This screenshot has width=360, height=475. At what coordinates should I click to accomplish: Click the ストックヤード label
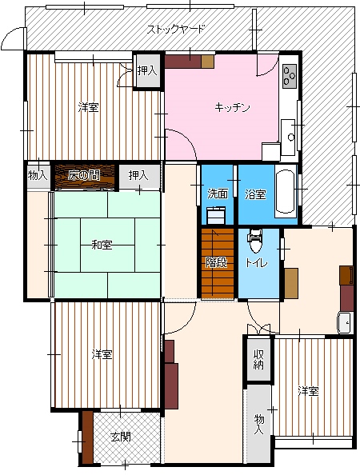[x=176, y=30]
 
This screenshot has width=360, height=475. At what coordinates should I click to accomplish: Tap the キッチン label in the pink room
[x=232, y=107]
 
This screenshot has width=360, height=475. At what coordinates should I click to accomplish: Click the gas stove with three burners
[x=290, y=76]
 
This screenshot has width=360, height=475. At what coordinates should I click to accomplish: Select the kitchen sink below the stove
[x=288, y=138]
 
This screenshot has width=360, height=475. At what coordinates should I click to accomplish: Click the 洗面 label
[x=218, y=194]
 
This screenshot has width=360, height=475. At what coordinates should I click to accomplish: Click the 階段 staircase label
[x=216, y=262]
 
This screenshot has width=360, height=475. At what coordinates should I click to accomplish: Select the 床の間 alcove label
[x=84, y=175]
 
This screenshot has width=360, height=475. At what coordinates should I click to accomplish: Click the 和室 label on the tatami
[x=102, y=244]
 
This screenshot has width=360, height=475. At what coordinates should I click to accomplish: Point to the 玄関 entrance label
[x=121, y=437]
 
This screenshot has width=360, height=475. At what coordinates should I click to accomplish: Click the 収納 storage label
[x=258, y=359]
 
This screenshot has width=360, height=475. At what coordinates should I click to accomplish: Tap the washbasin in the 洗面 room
[x=216, y=215]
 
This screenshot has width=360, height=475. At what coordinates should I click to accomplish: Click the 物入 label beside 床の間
[x=38, y=175]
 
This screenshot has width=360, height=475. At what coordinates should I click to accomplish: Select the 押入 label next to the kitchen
[x=147, y=70]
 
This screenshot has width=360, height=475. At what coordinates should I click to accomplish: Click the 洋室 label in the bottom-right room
[x=308, y=391]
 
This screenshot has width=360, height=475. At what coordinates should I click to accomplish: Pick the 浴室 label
[x=256, y=194]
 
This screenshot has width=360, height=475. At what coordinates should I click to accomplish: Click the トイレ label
[x=257, y=262]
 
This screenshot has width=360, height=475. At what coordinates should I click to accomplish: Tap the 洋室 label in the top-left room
[x=88, y=107]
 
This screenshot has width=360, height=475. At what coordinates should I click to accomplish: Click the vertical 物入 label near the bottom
[x=259, y=425]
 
